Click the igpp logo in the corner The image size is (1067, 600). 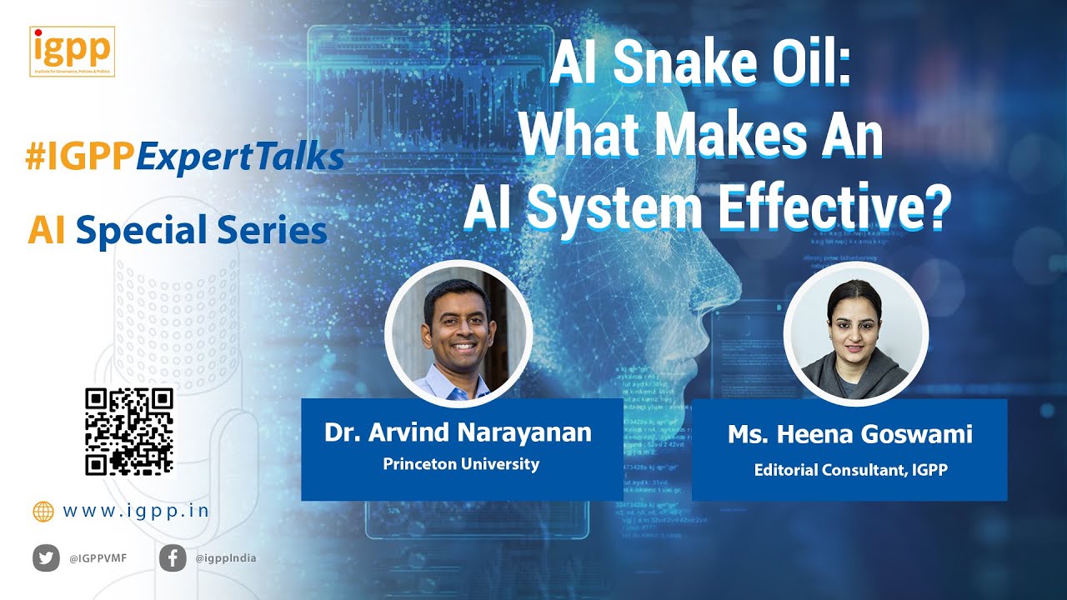(72, 52)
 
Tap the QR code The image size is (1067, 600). (129, 431)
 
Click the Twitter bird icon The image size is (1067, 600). (46, 557)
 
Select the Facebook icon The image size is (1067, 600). (173, 557)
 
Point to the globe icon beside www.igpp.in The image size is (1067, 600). (43, 512)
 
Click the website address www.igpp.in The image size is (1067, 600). (136, 511)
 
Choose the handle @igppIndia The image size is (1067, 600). (225, 558)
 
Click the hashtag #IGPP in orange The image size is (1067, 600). (80, 157)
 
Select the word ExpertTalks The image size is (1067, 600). (240, 157)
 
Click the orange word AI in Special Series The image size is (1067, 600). (47, 230)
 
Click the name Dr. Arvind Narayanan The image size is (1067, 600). (458, 432)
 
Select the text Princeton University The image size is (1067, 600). (461, 464)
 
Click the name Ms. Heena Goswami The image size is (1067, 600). (850, 434)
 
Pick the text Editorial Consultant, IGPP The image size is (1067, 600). (850, 470)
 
